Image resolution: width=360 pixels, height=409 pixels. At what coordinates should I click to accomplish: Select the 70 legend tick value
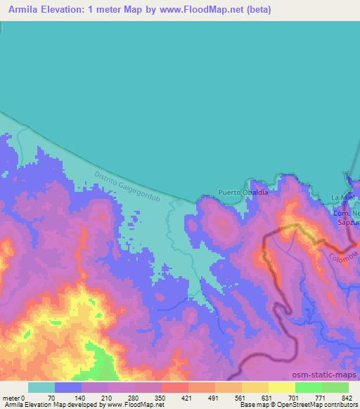(x=51, y=397)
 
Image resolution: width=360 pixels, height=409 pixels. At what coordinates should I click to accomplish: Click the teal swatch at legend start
(x=41, y=387)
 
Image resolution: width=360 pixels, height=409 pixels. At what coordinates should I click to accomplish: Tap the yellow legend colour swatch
(x=281, y=387)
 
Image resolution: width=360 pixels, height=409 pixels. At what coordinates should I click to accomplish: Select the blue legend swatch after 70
(x=68, y=387)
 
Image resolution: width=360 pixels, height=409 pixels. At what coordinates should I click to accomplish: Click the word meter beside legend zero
(x=11, y=397)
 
